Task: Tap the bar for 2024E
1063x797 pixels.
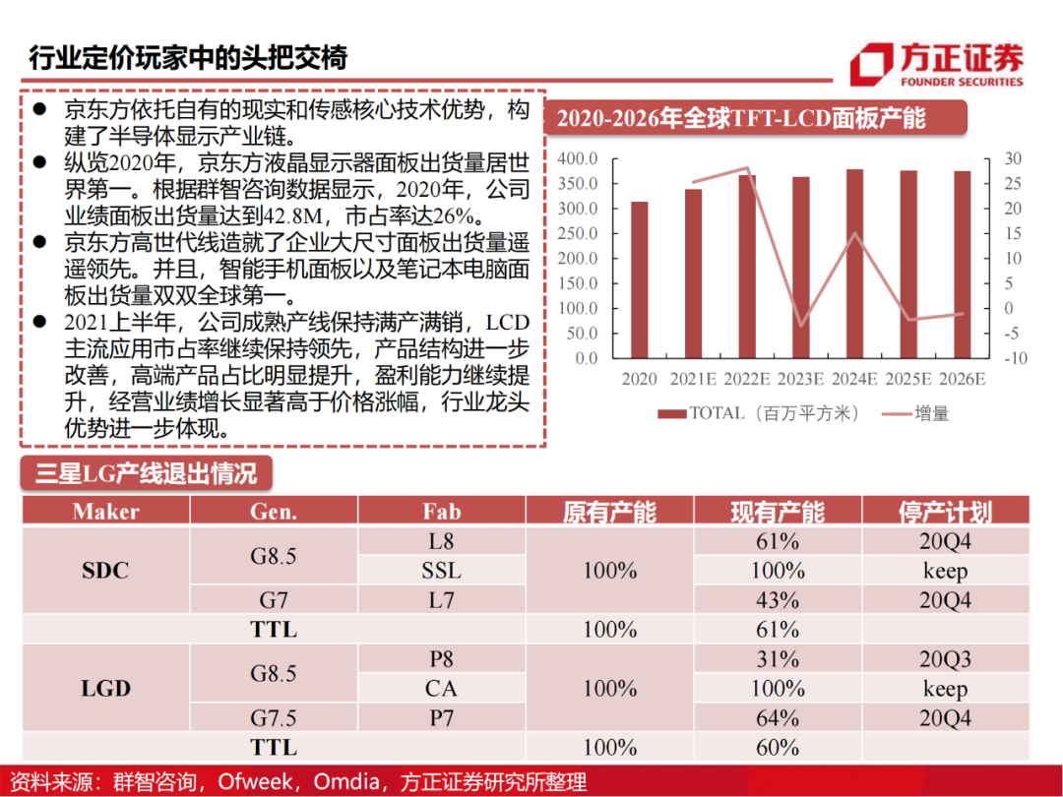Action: [854, 264]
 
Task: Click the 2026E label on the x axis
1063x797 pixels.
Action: [962, 379]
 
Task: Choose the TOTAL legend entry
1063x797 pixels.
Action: [759, 413]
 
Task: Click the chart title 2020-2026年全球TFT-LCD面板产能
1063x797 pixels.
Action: [741, 119]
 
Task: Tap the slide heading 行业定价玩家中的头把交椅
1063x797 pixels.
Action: [187, 57]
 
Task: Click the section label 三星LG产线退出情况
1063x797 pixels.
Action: [146, 473]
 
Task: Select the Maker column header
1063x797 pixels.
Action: [106, 512]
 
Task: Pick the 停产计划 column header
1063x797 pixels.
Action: [945, 512]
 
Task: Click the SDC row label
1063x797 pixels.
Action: [106, 571]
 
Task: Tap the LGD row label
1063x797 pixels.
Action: [106, 689]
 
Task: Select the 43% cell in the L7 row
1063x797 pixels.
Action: [778, 600]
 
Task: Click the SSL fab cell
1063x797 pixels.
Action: [441, 571]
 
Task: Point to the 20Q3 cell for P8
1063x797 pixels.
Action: [945, 659]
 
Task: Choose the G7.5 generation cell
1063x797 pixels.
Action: [274, 718]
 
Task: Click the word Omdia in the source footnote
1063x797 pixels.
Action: [351, 781]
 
